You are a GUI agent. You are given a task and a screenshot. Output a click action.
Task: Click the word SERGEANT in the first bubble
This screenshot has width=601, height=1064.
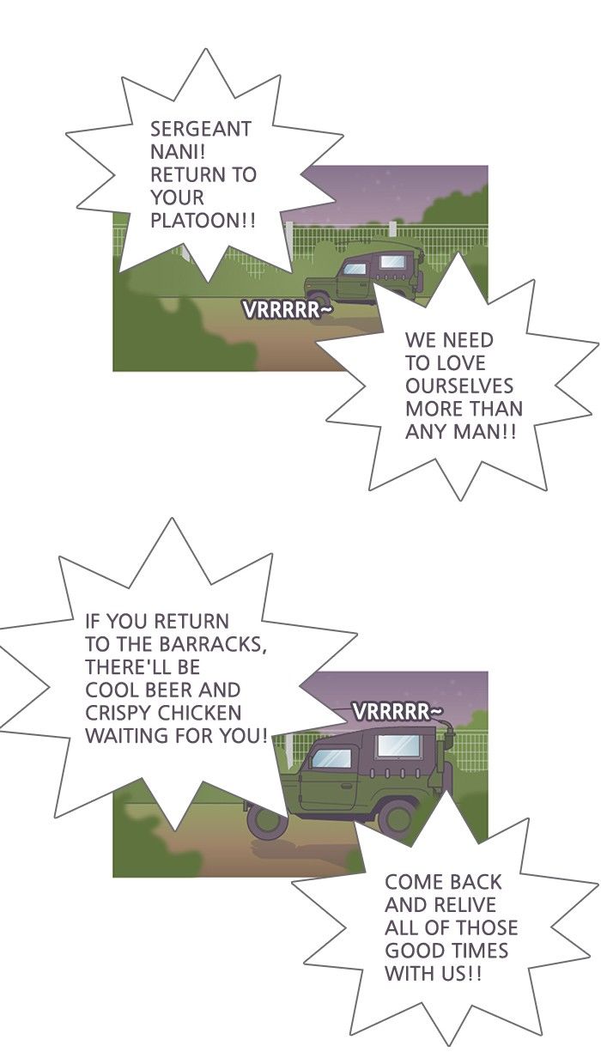[x=200, y=129]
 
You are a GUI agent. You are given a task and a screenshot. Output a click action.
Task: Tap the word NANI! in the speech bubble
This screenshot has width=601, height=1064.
[x=178, y=152]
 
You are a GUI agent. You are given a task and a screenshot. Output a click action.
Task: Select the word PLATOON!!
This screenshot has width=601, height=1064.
[x=203, y=221]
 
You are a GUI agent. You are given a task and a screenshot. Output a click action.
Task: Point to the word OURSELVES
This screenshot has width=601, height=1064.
[x=459, y=386]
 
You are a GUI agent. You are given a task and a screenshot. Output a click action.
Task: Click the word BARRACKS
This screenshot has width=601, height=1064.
[x=212, y=645]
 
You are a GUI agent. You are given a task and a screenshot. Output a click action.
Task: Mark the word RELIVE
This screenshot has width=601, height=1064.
[x=463, y=905]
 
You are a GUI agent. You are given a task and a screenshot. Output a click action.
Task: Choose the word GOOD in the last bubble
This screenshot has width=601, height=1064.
[x=412, y=951]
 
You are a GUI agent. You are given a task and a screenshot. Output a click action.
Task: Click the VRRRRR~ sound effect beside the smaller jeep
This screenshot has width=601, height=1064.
[x=288, y=310]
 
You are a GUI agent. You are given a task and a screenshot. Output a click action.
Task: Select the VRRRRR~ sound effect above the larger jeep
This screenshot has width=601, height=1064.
[x=398, y=712]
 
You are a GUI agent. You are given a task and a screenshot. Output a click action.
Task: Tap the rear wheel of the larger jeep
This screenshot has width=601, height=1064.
[x=397, y=816]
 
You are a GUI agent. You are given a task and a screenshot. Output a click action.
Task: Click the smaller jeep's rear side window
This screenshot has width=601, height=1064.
[x=393, y=261]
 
